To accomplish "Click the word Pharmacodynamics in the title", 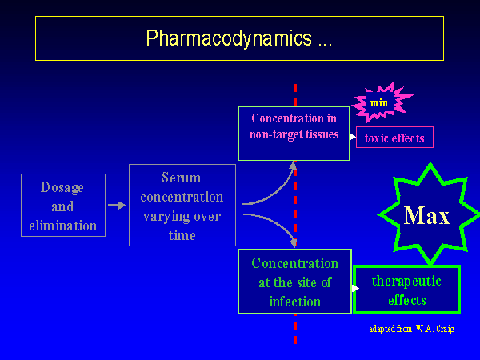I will (x=229, y=38).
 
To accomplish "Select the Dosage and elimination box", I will (x=63, y=206).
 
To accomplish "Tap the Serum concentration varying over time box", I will (x=182, y=206).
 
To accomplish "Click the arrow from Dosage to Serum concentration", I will (x=117, y=206).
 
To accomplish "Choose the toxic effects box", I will (x=394, y=138).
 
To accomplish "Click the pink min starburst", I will (x=380, y=102).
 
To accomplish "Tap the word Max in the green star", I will (x=426, y=216).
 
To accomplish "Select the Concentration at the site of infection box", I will (x=294, y=282).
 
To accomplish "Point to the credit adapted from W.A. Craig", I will (x=411, y=329).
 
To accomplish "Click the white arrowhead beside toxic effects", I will (x=353, y=137).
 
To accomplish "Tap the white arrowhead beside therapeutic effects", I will (x=355, y=288).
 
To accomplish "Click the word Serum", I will (x=182, y=178).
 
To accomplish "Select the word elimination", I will (x=63, y=225).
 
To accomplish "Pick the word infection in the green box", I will (x=294, y=301).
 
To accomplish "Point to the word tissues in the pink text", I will (x=322, y=134).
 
